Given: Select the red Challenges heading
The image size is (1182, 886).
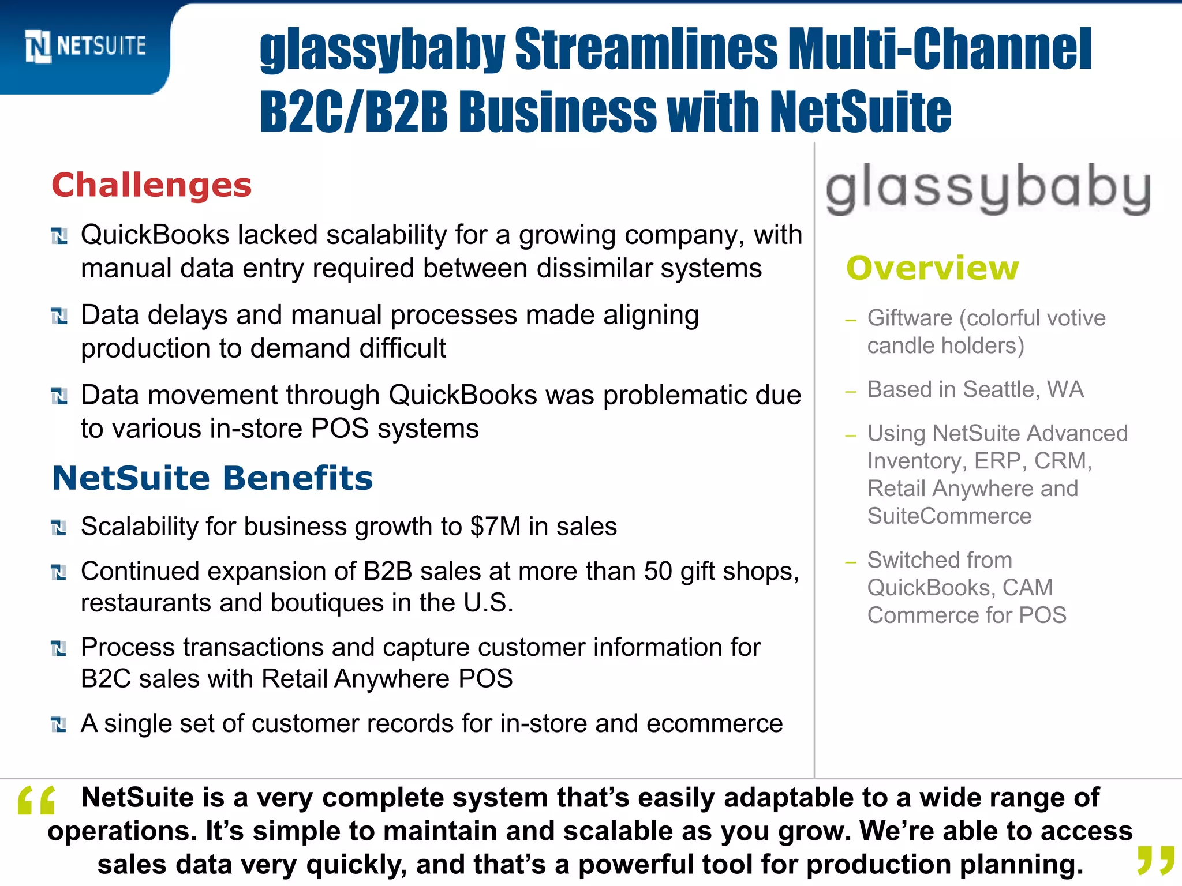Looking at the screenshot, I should [152, 185].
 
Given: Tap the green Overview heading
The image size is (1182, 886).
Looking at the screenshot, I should [933, 268].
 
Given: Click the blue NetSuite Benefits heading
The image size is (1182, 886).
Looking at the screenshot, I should [212, 478].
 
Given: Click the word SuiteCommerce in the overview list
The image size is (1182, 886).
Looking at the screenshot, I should [949, 516].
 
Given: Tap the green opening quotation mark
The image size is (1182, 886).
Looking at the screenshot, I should [36, 801].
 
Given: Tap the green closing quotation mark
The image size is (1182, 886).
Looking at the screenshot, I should [1156, 860].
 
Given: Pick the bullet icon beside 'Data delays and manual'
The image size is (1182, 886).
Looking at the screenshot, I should [59, 316].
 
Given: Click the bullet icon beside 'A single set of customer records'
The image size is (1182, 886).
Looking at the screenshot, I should [59, 724].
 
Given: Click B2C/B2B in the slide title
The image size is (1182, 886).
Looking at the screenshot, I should [353, 111].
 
